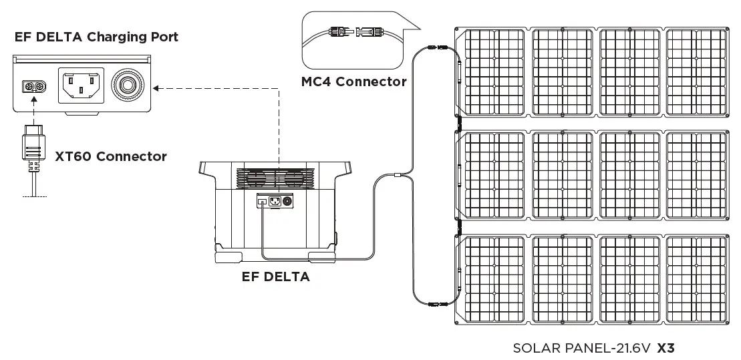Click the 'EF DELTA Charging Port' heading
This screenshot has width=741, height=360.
pos(96,37)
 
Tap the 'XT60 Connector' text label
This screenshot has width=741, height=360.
pos(110,156)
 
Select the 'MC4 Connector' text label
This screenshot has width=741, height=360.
pos(353,81)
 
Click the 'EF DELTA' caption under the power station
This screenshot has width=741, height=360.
pos(275,277)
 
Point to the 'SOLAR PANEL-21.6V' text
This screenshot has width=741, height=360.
pos(582,348)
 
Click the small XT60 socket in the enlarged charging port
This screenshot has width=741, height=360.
pos(34,86)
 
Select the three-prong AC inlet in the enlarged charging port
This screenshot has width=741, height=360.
pos(81,85)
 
